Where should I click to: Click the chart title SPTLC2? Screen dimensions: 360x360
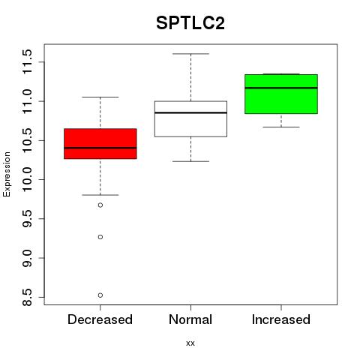(190, 23)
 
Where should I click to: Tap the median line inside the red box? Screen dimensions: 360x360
(100, 148)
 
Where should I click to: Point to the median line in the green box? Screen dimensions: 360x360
(281, 88)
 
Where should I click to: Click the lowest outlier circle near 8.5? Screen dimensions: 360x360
(100, 295)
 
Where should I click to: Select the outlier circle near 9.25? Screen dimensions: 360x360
(100, 237)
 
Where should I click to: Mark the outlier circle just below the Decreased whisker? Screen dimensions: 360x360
(100, 205)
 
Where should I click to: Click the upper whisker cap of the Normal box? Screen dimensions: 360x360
(190, 54)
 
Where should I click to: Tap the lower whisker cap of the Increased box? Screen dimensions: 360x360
(281, 127)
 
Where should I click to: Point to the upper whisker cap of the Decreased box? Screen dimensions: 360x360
(100, 97)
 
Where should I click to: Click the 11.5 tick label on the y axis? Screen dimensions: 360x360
(27, 61)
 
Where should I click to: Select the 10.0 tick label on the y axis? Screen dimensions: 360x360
(27, 179)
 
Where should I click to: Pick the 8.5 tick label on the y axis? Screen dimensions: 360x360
(27, 297)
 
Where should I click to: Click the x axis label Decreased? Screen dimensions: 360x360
(100, 319)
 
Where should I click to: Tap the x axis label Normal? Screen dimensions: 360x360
(190, 319)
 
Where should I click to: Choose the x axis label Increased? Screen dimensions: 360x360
(281, 319)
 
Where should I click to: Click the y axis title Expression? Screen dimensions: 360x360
(7, 174)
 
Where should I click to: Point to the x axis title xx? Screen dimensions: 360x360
(190, 343)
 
